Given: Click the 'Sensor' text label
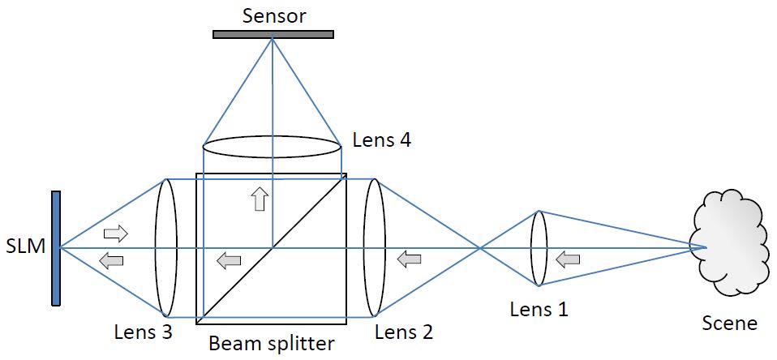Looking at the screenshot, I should click(273, 15).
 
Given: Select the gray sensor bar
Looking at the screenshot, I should click(273, 35).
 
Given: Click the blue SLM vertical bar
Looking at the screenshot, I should click(56, 248).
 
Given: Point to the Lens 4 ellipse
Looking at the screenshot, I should click(271, 148).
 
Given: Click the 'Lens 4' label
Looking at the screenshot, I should click(381, 139).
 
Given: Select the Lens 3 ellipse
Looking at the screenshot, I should click(166, 247).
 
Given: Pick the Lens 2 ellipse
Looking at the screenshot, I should click(374, 247).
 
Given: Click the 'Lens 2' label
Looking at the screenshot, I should click(404, 332).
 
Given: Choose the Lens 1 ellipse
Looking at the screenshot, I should click(539, 248).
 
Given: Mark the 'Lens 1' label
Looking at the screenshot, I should click(539, 309).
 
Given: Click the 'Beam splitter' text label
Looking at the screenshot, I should click(271, 344).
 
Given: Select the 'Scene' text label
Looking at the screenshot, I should click(730, 324).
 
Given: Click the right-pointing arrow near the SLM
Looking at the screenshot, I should click(116, 234).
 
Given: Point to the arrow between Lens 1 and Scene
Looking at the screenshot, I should click(568, 259).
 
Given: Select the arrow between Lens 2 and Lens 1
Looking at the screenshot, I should click(409, 259).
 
